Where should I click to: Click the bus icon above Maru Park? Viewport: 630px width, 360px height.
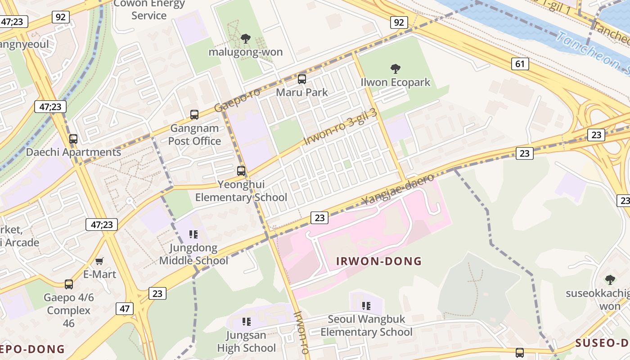click(302, 79)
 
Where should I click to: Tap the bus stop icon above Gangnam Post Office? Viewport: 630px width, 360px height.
click(194, 115)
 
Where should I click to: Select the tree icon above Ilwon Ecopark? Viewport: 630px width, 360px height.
click(396, 69)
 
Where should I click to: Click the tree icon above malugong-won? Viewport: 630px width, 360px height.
click(245, 39)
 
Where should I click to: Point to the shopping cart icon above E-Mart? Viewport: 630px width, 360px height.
click(99, 261)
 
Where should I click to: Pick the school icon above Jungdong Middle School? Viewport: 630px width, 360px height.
click(193, 234)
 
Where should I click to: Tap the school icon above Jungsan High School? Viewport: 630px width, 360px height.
click(246, 321)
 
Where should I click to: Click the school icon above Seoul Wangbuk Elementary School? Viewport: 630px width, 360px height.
click(366, 306)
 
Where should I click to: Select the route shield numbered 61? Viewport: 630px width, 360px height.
click(520, 64)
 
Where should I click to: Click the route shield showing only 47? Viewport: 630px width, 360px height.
click(124, 309)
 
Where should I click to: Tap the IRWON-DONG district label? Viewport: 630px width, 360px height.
click(379, 261)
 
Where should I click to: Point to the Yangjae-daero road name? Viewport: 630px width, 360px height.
click(398, 189)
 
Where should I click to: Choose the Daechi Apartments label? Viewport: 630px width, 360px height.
click(73, 152)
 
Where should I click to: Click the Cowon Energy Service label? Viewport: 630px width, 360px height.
click(149, 9)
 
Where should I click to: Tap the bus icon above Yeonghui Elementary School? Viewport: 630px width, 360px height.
click(241, 171)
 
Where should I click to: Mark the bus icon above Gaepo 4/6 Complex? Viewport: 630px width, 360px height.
click(69, 284)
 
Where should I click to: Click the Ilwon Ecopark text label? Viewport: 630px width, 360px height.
click(396, 82)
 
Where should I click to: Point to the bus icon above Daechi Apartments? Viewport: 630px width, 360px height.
click(73, 139)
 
